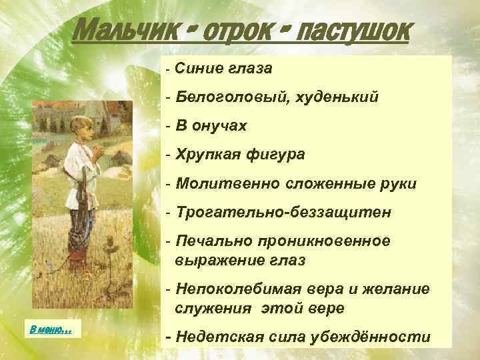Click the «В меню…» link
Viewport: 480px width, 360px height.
[51, 329]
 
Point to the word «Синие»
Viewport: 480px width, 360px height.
[198, 68]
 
